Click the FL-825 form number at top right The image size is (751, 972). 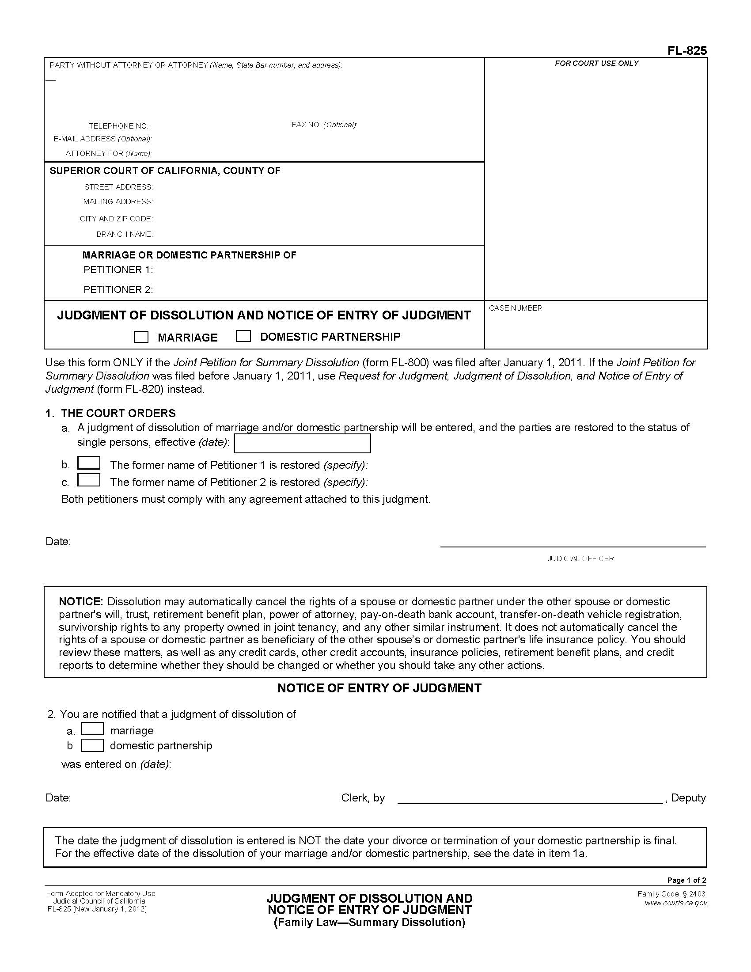[687, 51]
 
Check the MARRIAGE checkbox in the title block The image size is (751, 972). [141, 337]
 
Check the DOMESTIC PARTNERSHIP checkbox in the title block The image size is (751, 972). [243, 336]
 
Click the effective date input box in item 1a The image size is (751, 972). [302, 443]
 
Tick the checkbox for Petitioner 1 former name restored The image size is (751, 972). [88, 464]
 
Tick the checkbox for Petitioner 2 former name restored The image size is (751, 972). [88, 481]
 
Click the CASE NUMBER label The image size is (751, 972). [516, 308]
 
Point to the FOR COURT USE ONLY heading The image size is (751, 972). [596, 64]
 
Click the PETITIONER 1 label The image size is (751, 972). [118, 270]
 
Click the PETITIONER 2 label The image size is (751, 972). [118, 290]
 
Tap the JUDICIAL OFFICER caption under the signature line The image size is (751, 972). [580, 558]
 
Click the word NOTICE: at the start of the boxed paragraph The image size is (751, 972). [81, 602]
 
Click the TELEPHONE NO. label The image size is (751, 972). [119, 126]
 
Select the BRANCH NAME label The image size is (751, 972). [124, 235]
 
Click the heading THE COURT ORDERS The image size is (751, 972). [118, 414]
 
